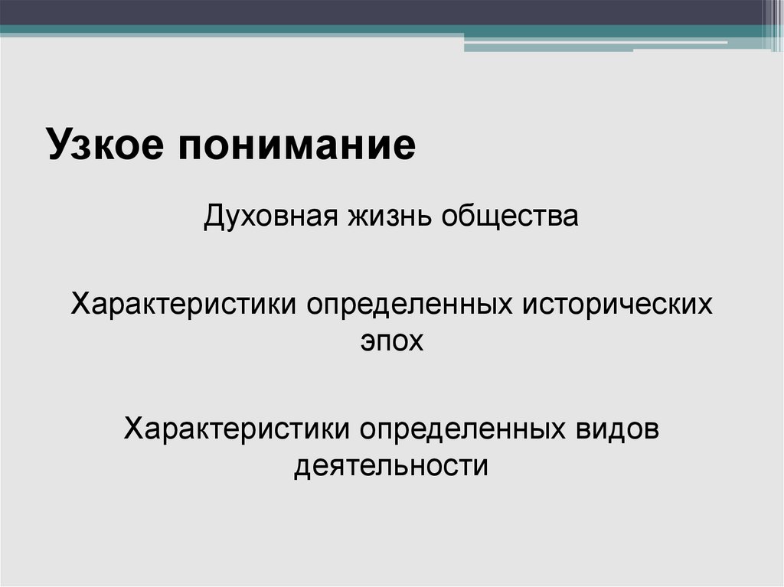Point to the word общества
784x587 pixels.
tap(510, 216)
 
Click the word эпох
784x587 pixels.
tap(391, 339)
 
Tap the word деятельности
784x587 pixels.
tap(391, 465)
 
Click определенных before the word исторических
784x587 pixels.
tap(410, 304)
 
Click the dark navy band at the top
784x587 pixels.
tap(383, 11)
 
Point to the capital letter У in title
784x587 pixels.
tap(59, 145)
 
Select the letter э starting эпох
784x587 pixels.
tap(367, 340)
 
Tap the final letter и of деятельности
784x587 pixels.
tap(482, 465)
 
